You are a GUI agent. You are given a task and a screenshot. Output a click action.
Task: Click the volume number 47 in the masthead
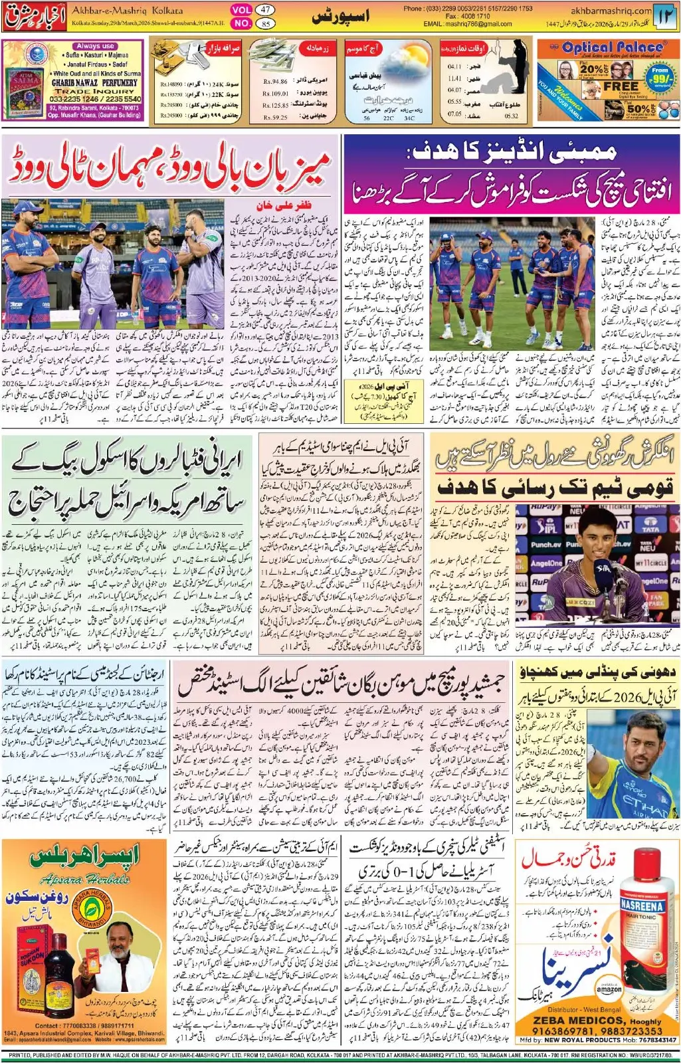click(265, 9)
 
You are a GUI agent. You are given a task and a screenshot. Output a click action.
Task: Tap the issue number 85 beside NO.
click(265, 23)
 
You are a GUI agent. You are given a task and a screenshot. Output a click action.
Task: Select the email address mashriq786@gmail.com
click(478, 24)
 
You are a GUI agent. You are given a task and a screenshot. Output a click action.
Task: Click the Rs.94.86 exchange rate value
click(275, 82)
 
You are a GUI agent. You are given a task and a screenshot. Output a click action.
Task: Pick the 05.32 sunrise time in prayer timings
click(511, 116)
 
